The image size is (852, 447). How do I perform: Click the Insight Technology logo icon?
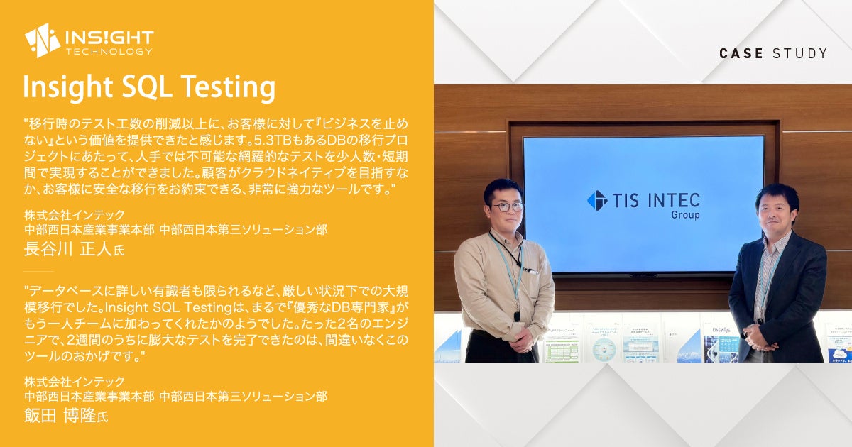pyautogui.click(x=43, y=40)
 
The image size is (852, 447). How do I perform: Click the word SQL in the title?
pyautogui.click(x=146, y=87)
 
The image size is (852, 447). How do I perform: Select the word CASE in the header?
pyautogui.click(x=741, y=53)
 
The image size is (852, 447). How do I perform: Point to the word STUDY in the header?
pyautogui.click(x=799, y=53)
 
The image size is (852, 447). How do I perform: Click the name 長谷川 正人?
pyautogui.click(x=68, y=249)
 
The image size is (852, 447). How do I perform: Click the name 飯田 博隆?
pyautogui.click(x=60, y=415)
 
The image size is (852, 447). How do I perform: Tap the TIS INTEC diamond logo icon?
pyautogui.click(x=597, y=200)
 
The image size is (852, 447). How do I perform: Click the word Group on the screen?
pyautogui.click(x=685, y=215)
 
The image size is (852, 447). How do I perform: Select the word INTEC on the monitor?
pyautogui.click(x=674, y=201)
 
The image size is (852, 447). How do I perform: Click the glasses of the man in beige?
pyautogui.click(x=508, y=207)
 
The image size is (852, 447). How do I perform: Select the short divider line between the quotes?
pyautogui.click(x=38, y=271)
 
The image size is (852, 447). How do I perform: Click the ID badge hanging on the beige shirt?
pyautogui.click(x=518, y=315)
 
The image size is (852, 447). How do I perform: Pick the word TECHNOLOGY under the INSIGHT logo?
pyautogui.click(x=109, y=52)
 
